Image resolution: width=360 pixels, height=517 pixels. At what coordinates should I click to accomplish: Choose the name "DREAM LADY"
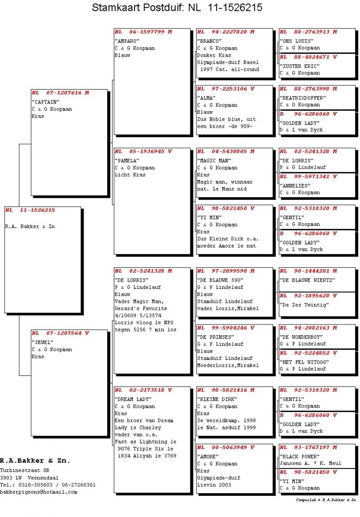133,399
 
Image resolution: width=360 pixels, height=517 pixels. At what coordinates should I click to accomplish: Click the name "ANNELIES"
296,185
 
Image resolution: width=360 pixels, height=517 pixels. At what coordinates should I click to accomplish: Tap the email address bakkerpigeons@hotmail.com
39,492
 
